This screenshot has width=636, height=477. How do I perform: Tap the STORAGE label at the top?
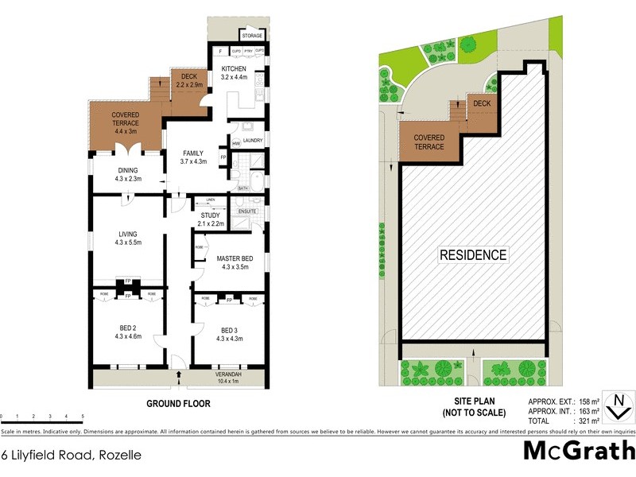[x=252, y=36]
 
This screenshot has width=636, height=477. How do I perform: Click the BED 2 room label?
[x=128, y=327]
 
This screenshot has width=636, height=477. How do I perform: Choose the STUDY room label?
[x=210, y=215]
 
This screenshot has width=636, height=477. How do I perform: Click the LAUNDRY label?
[x=253, y=141]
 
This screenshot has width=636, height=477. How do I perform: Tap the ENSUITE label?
[x=248, y=211]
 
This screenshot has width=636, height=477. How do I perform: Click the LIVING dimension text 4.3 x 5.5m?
[x=128, y=242]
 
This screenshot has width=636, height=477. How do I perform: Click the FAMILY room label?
[x=194, y=153]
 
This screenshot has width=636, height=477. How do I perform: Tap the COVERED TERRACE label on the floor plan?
[x=126, y=118]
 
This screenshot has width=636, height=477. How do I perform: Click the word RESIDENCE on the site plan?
[x=473, y=255]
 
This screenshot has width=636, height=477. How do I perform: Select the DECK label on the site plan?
[x=482, y=104]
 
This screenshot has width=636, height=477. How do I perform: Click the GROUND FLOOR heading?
[x=178, y=404]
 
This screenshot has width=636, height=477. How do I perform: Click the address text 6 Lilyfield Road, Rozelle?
[x=72, y=456]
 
